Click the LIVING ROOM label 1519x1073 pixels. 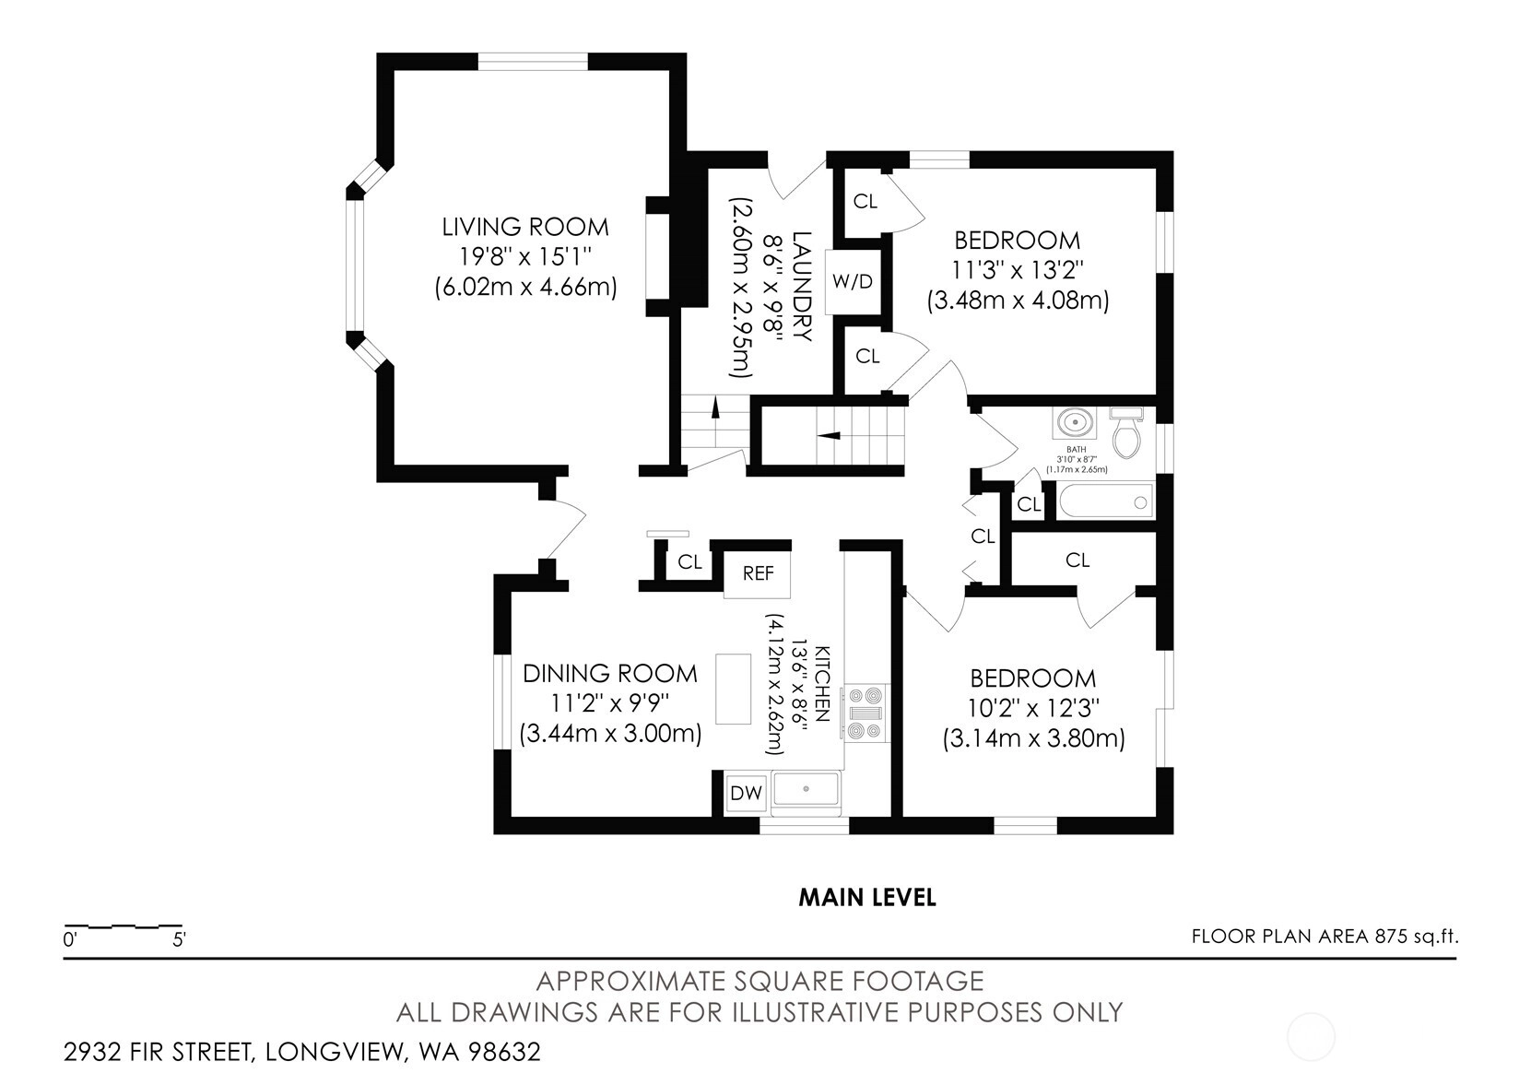coord(524,227)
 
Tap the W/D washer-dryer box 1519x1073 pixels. coord(854,281)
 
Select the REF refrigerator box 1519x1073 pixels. coord(757,573)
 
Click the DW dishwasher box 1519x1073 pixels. coord(746,792)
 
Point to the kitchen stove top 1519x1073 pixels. coord(865,713)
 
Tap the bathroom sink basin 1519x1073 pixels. coord(1075,422)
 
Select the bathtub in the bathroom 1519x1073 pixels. coord(1105,501)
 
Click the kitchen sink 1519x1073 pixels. coord(807,789)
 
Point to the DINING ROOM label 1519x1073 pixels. coord(609,674)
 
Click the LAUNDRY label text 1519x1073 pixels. coord(802,286)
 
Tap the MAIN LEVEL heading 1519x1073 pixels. coord(867,897)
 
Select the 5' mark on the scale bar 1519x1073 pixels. coord(179,940)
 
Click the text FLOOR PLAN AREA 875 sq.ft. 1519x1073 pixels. coord(1325,937)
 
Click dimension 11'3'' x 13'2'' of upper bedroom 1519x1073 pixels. coord(1018,270)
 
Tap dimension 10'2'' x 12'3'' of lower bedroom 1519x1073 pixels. coord(1032,708)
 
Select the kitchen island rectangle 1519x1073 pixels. coord(733,689)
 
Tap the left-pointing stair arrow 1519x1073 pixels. coord(830,435)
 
